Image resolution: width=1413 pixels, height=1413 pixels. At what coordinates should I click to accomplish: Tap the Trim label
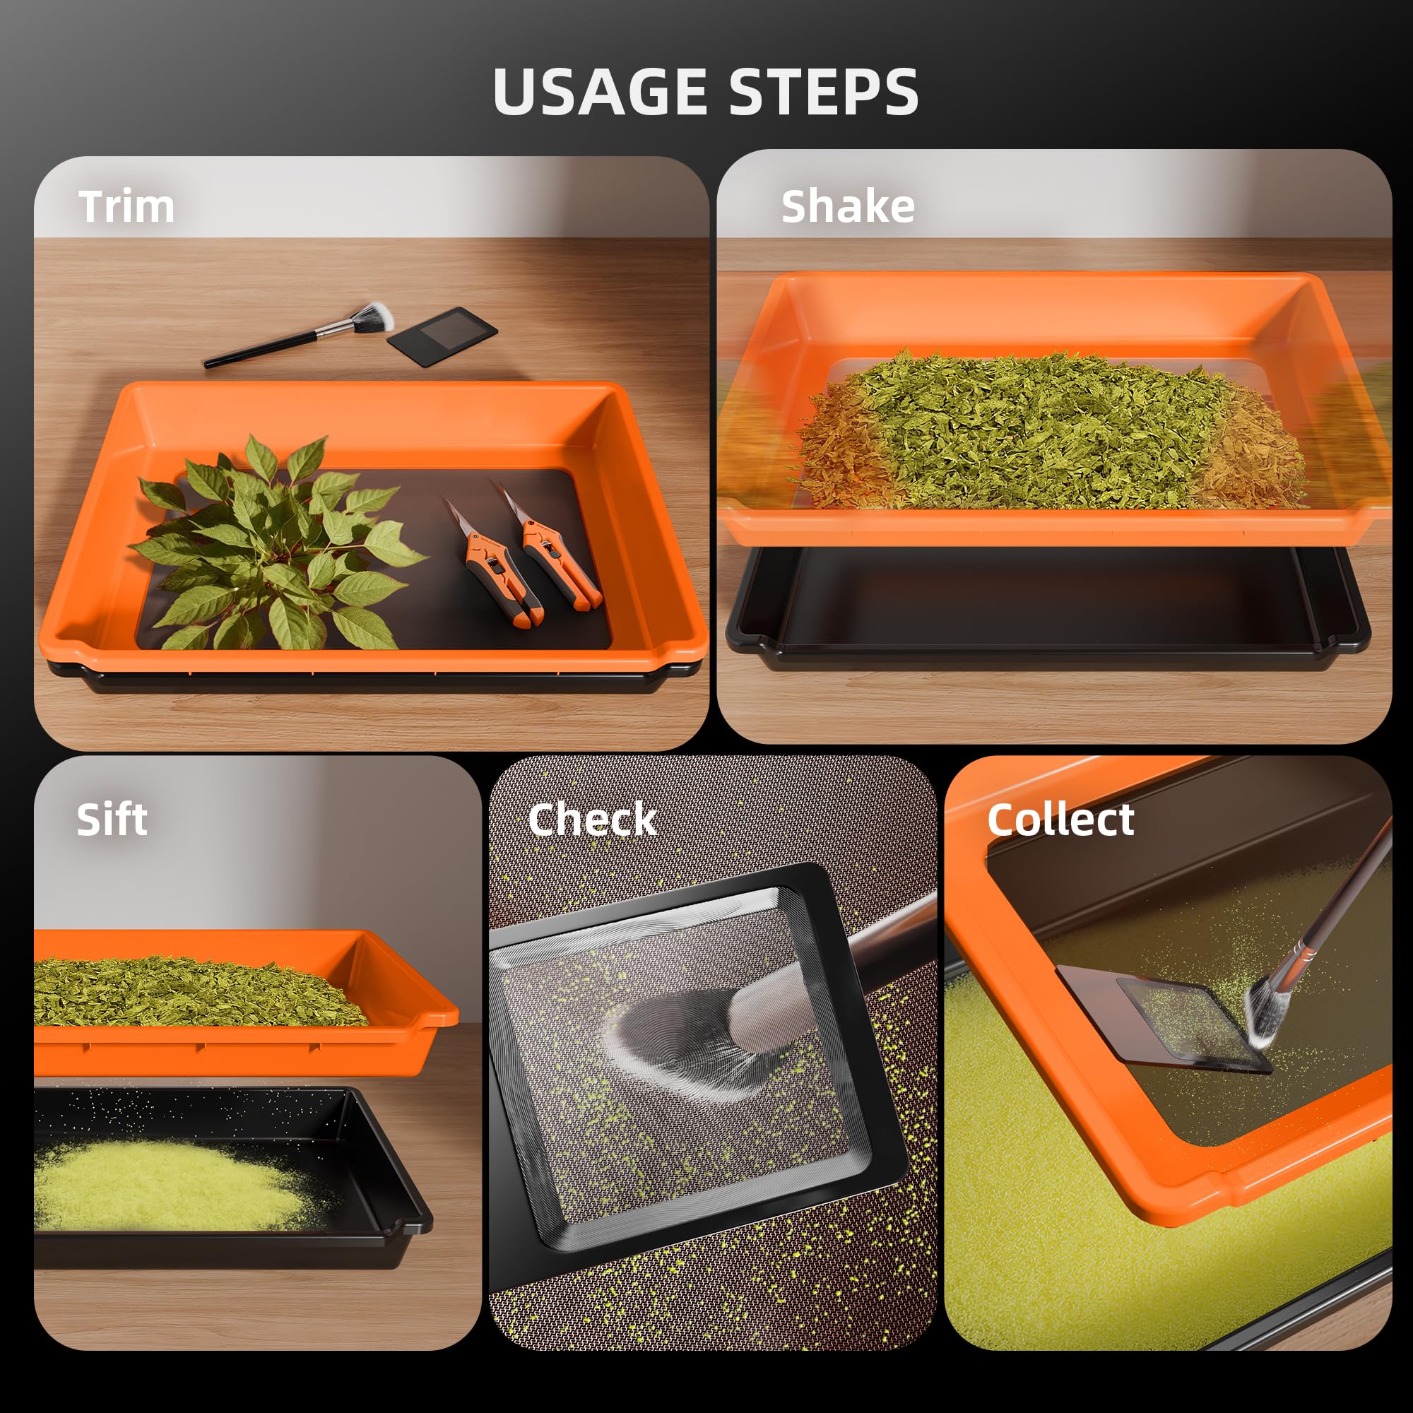126,207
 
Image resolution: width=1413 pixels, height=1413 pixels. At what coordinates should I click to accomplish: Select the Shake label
848,206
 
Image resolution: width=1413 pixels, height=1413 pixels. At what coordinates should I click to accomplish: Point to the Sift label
111,819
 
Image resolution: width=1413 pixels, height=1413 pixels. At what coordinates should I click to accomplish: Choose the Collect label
1060,819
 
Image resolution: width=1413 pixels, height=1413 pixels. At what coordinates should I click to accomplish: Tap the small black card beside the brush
442,331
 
